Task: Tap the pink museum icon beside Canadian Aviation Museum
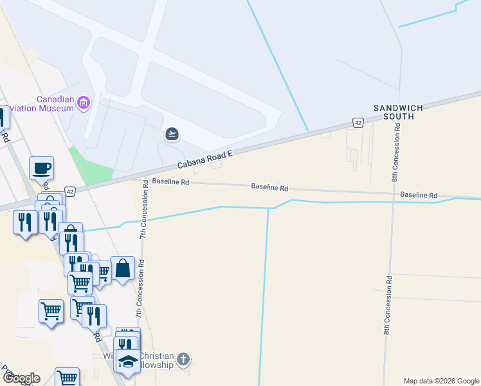point(83,103)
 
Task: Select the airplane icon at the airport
point(172,134)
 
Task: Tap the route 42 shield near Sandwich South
point(358,122)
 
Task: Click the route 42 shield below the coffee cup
point(70,191)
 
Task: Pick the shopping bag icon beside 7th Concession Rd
point(122,270)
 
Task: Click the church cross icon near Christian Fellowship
point(183,359)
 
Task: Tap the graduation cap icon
point(127,362)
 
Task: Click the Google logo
point(21,378)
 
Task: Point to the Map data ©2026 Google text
point(440,381)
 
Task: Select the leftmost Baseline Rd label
point(170,182)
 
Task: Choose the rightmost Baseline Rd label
point(418,195)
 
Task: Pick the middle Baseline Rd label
point(269,187)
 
